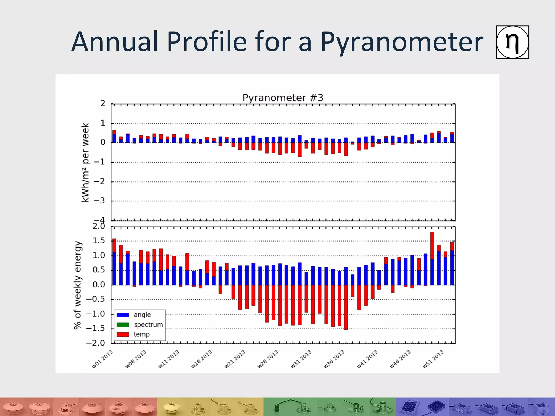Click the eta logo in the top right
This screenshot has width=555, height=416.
click(512, 42)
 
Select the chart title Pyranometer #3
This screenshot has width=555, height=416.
click(283, 98)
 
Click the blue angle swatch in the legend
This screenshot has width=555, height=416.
click(123, 315)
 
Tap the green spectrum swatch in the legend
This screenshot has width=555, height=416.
click(123, 324)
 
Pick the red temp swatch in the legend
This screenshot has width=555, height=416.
click(123, 334)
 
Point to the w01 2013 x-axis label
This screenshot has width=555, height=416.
click(102, 359)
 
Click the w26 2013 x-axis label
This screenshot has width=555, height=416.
click(268, 359)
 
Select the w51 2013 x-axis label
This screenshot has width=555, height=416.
click(433, 359)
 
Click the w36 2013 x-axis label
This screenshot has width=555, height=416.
click(334, 359)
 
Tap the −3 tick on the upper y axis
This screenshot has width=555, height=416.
click(99, 201)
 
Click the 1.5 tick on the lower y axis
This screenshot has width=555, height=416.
click(99, 241)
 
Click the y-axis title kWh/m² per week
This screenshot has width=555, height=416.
click(85, 162)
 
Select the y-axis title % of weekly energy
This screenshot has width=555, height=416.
click(78, 285)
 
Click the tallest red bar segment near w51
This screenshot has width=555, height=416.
click(432, 245)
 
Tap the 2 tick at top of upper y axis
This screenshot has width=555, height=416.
click(102, 103)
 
